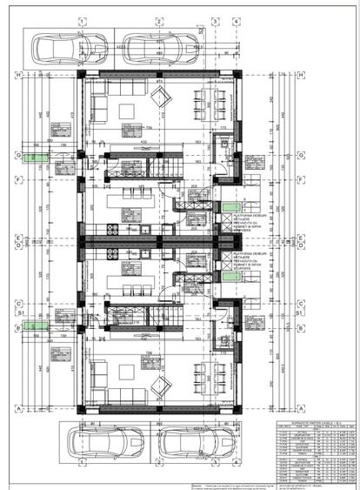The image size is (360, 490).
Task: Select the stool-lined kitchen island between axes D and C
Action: click(130, 283)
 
